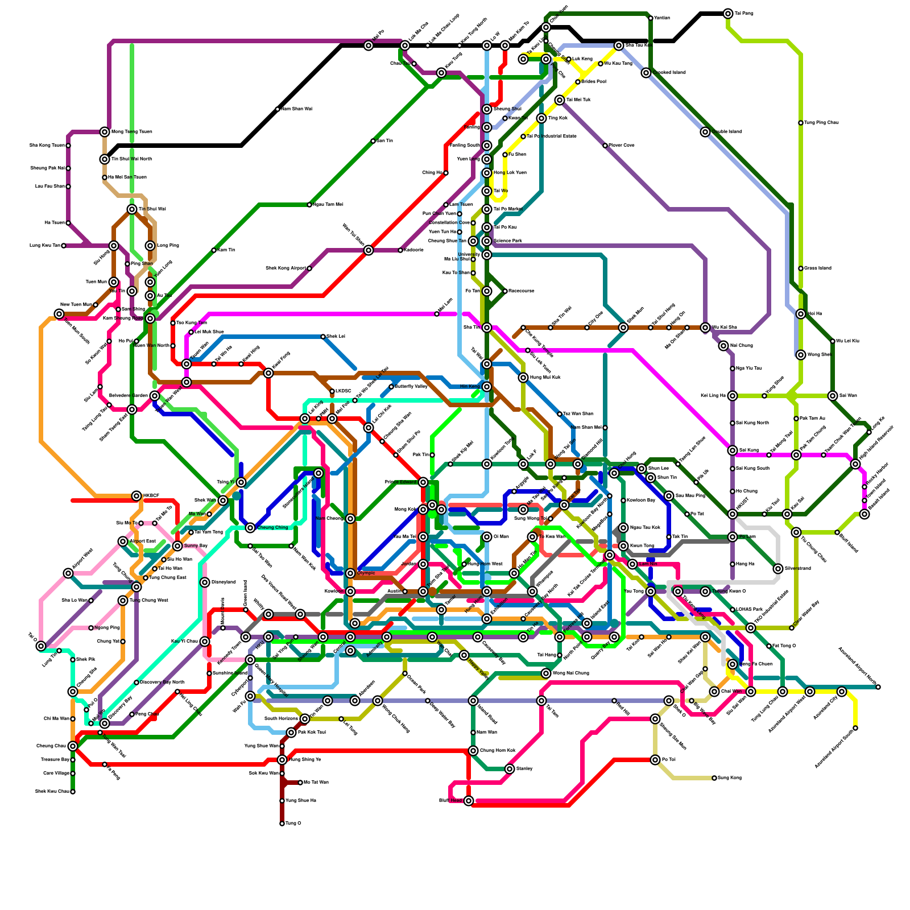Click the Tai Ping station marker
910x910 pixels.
[728, 14]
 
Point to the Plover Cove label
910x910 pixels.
[622, 146]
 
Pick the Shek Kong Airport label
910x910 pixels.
[286, 268]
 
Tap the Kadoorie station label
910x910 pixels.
[413, 250]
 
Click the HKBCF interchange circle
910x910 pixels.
[136, 496]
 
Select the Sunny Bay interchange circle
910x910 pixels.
[177, 546]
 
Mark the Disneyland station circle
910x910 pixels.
[205, 582]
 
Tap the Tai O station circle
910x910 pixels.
[41, 646]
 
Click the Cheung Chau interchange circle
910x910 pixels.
[73, 746]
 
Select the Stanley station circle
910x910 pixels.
[510, 769]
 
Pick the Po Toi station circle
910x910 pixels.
[655, 760]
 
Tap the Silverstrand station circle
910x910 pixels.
[778, 569]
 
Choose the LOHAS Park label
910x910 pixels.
[750, 610]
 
